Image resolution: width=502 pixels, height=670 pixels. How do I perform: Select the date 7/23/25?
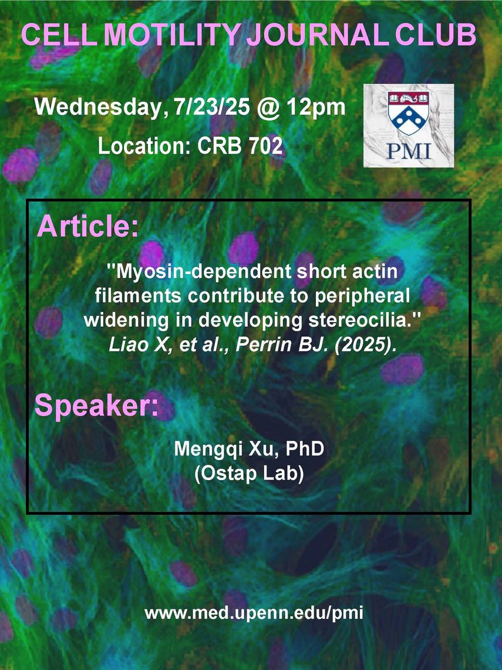point(212,106)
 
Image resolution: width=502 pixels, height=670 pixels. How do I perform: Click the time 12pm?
point(315,107)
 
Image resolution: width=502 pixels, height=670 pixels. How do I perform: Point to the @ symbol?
point(268,108)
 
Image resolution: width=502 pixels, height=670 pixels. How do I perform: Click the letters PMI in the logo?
point(409,151)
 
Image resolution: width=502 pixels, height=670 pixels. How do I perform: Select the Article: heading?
point(88,226)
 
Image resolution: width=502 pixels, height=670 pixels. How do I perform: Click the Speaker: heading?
point(96,406)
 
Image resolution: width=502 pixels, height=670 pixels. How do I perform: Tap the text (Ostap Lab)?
point(249,474)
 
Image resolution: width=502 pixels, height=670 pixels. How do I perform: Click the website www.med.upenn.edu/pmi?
point(254,614)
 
